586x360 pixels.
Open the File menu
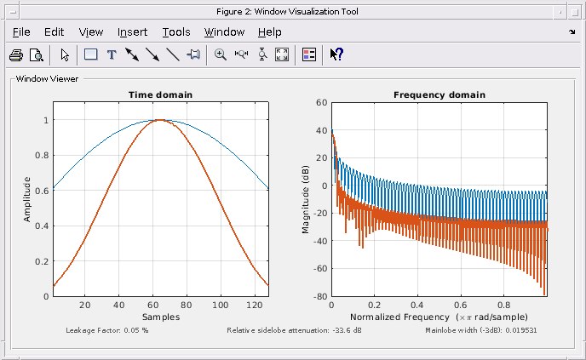click(21, 32)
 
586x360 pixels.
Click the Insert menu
click(132, 32)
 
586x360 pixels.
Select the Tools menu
click(176, 32)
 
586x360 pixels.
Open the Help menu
click(269, 32)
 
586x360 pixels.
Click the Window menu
click(224, 32)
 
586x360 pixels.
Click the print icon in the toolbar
click(16, 54)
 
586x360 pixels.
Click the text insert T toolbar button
click(111, 54)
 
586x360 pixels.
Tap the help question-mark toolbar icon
click(336, 54)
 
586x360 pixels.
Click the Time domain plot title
click(160, 94)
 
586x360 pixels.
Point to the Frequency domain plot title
click(439, 94)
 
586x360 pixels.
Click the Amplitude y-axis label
click(27, 199)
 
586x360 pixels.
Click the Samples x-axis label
click(160, 317)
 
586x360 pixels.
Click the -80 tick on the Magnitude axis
click(319, 296)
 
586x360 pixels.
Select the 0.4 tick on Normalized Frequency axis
click(417, 305)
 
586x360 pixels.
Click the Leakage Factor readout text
click(106, 329)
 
